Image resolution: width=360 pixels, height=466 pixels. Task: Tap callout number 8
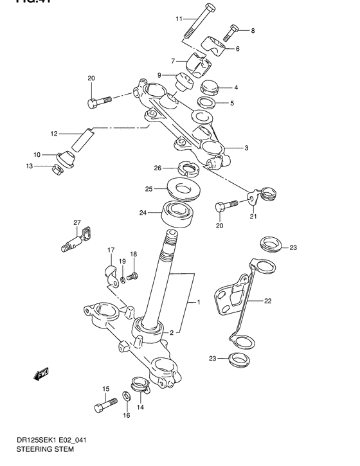(253, 30)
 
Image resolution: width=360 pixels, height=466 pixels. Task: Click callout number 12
(55, 134)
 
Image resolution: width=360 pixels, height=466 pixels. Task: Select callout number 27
(76, 222)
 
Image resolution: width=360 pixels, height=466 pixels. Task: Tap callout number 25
(148, 189)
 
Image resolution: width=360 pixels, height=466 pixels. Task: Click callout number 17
(110, 249)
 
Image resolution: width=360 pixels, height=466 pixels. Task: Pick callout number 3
(246, 147)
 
